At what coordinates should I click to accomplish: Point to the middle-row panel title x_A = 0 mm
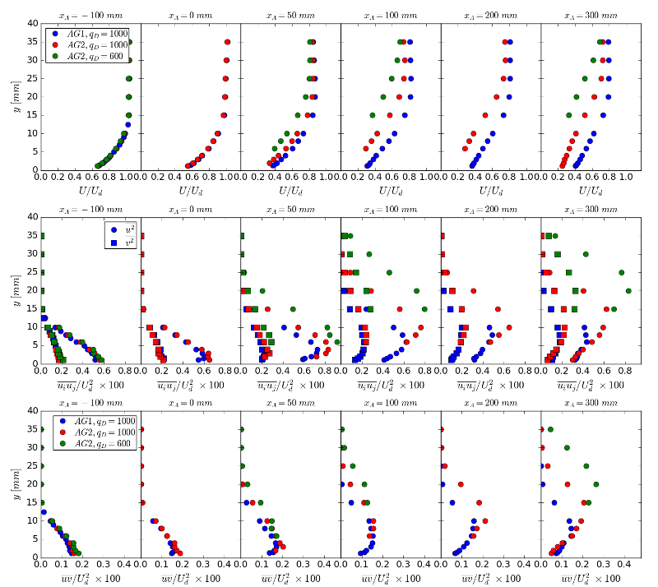(191, 209)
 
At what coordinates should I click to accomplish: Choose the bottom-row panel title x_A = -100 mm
(90, 402)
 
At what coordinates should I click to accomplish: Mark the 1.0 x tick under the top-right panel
(626, 177)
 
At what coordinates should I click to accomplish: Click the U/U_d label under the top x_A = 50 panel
(290, 191)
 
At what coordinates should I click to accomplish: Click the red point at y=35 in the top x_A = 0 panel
(227, 42)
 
